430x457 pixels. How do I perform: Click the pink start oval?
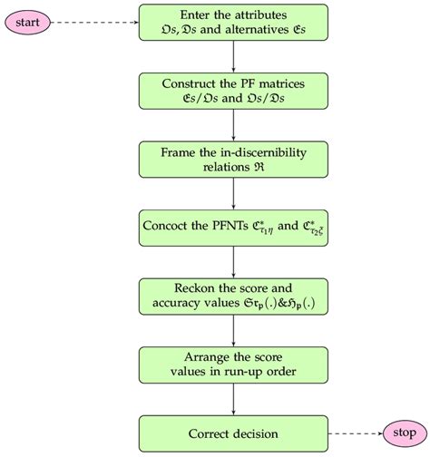click(x=29, y=20)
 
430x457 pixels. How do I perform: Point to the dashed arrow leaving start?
click(x=96, y=20)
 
